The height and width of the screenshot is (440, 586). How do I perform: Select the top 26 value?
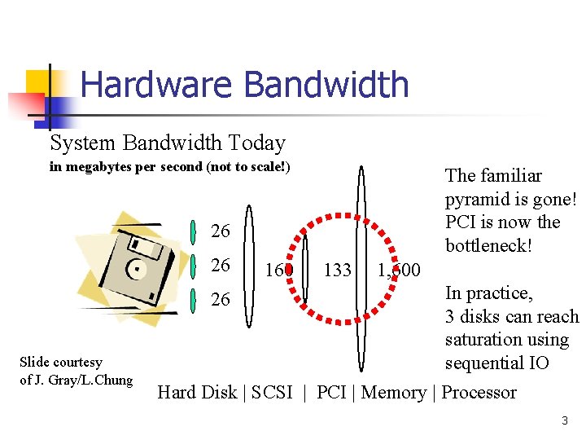[221, 231]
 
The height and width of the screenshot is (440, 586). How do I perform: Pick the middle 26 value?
[221, 266]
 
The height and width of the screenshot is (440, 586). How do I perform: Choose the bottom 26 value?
[221, 300]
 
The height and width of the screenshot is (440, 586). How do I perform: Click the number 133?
[337, 269]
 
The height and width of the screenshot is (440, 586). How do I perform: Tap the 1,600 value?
[399, 270]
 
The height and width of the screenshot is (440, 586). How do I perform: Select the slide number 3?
[564, 420]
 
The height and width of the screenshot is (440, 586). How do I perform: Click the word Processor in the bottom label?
[479, 393]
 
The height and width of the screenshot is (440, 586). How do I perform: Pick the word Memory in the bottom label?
[393, 393]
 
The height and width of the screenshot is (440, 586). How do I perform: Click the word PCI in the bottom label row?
[331, 393]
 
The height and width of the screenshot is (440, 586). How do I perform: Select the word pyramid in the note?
[475, 199]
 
